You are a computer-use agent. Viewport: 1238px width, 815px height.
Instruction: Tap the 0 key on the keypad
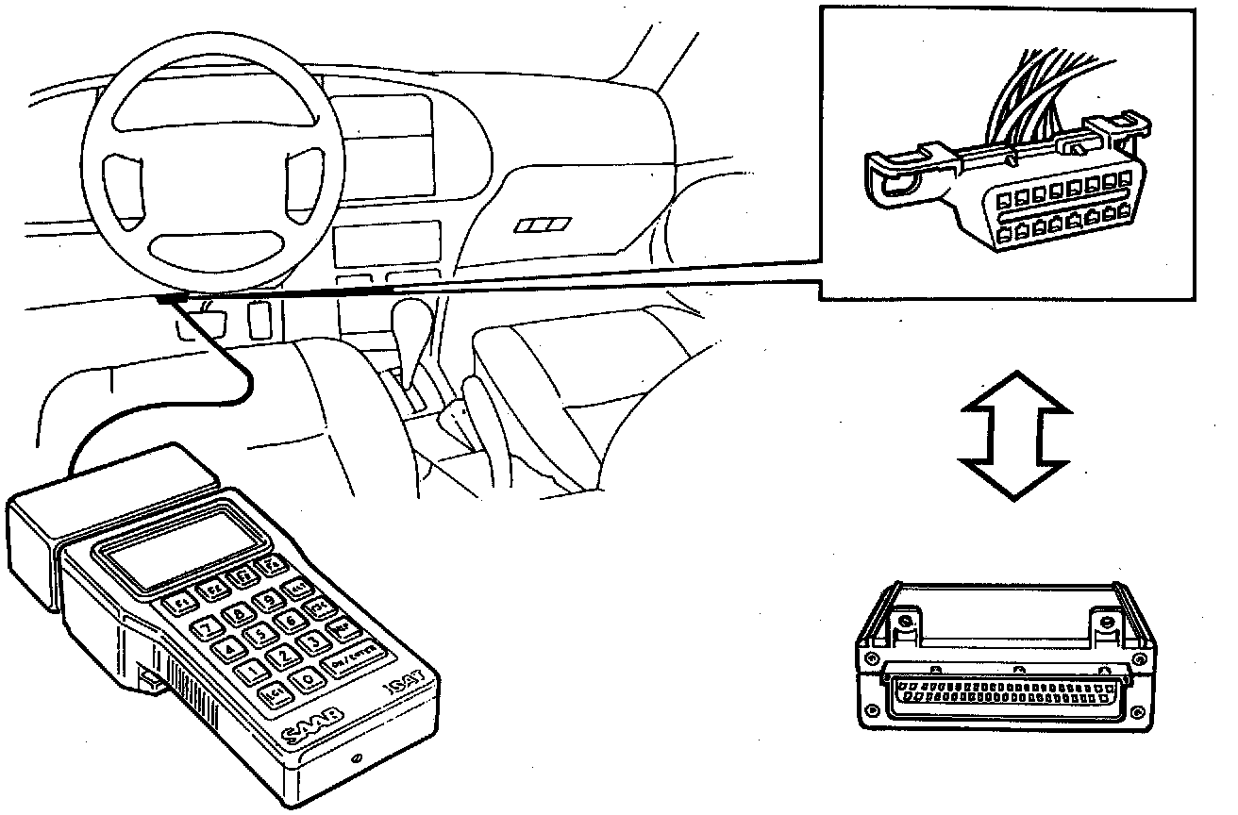307,678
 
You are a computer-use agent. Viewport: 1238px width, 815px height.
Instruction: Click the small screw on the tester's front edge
357,759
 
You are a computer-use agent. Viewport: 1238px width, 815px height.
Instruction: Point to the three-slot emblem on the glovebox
544,225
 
